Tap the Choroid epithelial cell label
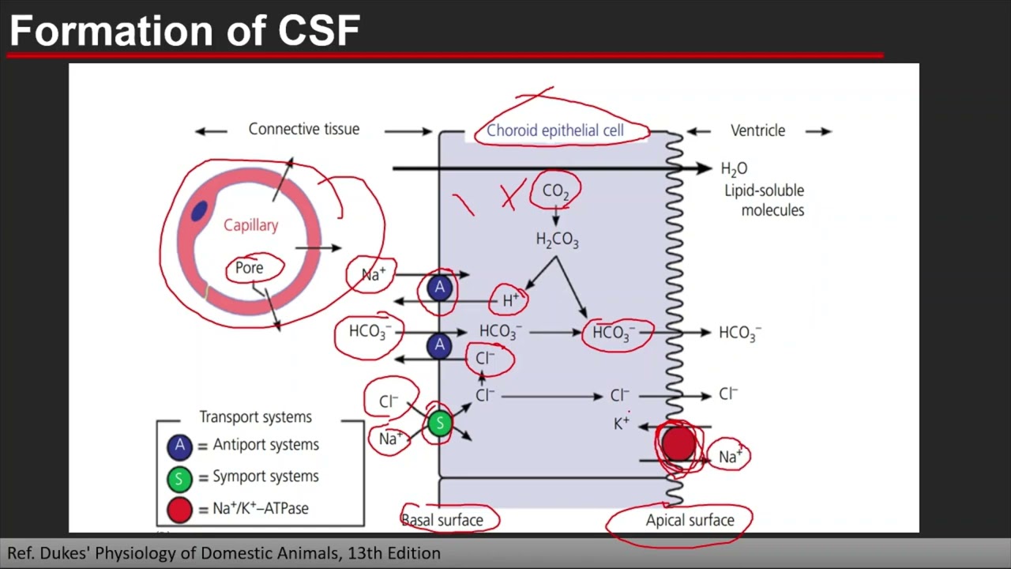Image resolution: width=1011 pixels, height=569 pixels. point(554,130)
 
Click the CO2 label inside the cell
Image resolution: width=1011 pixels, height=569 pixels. point(555,191)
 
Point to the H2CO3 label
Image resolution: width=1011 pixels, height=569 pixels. point(557,239)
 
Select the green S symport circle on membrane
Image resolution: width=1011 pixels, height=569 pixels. point(440,424)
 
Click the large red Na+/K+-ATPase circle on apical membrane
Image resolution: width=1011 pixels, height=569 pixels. point(678,445)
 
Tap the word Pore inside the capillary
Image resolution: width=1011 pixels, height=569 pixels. point(249,268)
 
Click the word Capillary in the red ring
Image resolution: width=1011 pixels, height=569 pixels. point(250,225)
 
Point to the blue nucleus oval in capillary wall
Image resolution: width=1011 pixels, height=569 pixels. point(199,211)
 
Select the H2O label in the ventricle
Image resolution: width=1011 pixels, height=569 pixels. point(734,168)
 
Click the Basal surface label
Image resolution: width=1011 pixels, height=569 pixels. point(442,520)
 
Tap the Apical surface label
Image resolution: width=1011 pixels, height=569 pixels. point(690,520)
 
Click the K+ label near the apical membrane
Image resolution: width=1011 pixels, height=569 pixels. point(622,424)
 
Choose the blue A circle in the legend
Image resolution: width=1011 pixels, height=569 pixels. point(179,446)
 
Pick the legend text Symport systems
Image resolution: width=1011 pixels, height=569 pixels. point(265,477)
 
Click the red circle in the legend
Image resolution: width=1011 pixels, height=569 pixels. point(179,510)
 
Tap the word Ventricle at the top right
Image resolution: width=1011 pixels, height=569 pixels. point(757,130)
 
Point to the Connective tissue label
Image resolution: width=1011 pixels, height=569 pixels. point(303,129)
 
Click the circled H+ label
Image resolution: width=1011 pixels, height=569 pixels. point(510,300)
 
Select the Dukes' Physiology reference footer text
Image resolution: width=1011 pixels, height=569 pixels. point(224,553)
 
